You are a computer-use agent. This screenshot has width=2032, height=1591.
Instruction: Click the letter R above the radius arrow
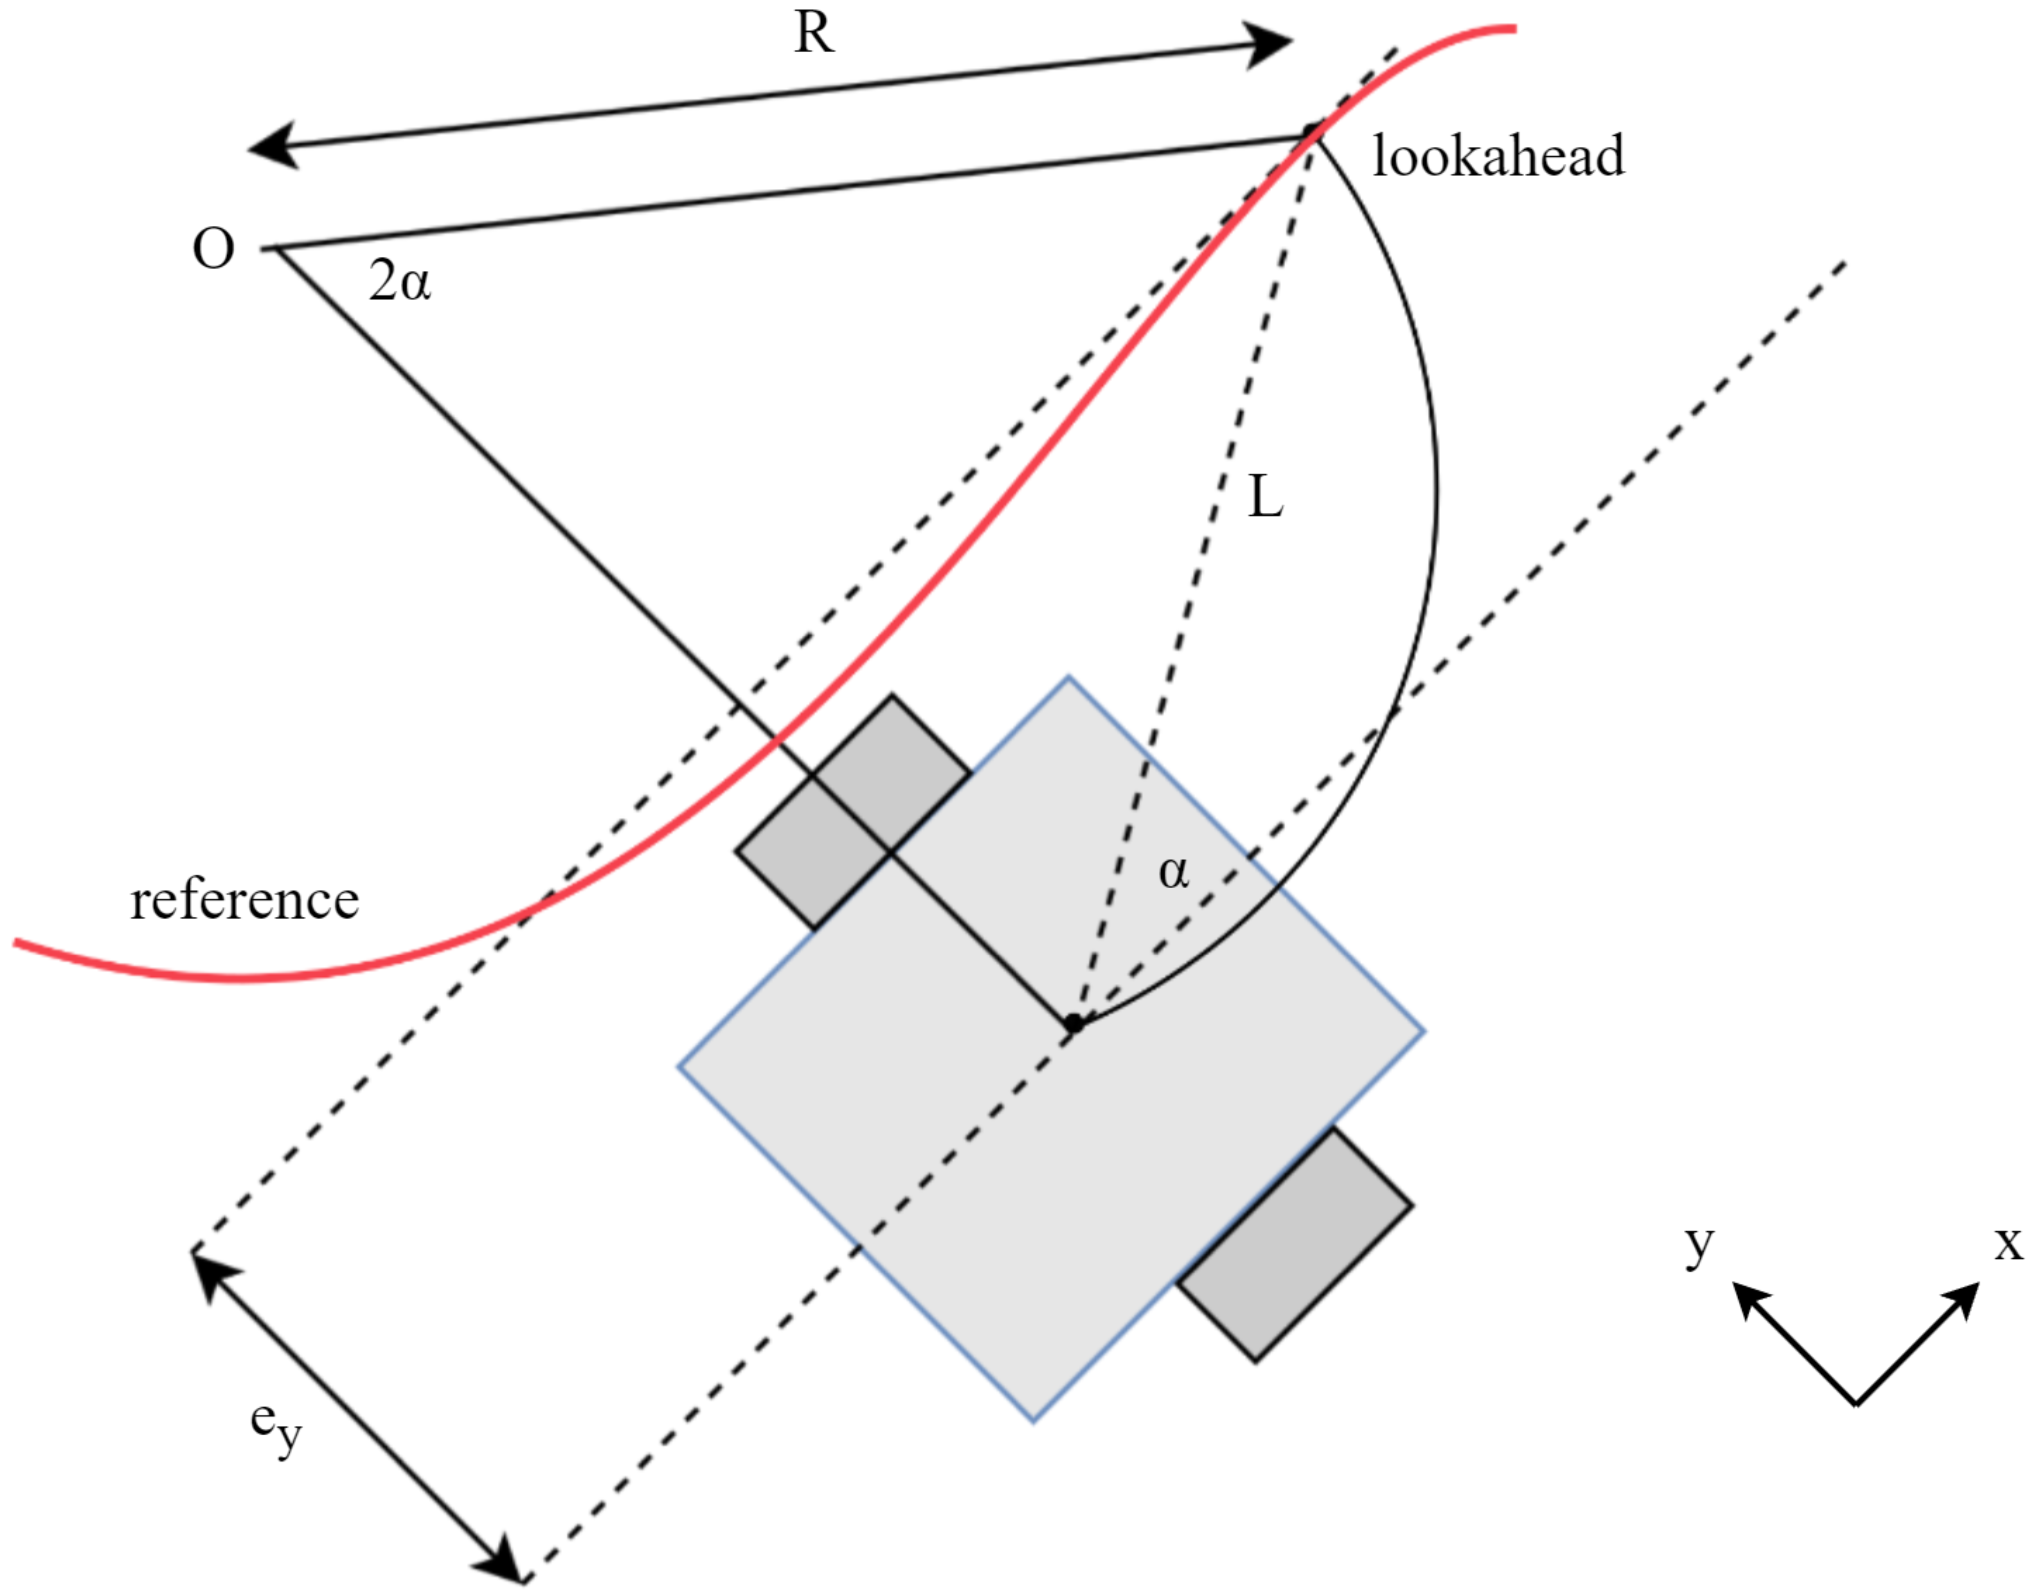click(x=813, y=35)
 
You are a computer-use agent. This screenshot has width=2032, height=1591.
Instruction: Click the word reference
click(x=244, y=901)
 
